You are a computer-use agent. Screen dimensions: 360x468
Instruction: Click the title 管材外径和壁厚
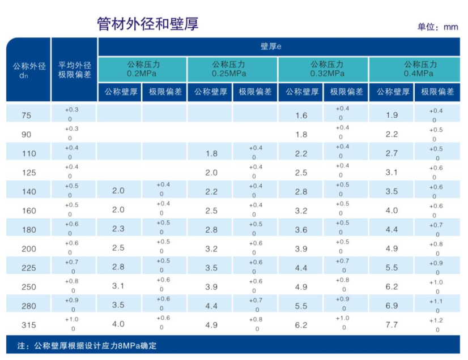148,24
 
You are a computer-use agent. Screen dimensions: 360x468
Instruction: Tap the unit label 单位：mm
437,27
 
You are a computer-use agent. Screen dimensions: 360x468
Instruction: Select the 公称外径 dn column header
28,70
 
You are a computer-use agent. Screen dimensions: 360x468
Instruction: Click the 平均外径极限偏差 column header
74,70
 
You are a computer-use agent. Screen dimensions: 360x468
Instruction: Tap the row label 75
27,115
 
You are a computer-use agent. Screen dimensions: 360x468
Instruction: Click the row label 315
28,325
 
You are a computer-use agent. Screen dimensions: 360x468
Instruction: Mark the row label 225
28,268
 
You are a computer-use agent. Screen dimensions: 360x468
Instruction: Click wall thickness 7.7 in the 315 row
392,325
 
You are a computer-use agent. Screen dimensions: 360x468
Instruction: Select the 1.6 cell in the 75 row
301,115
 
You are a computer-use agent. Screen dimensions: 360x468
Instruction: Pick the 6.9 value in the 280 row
392,306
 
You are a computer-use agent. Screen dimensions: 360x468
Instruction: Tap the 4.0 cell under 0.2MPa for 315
118,324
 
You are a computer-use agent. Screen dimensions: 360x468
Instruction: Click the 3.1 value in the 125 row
392,172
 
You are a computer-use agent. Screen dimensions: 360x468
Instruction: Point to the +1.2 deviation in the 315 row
437,320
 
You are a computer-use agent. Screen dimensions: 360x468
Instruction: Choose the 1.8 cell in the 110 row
211,153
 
